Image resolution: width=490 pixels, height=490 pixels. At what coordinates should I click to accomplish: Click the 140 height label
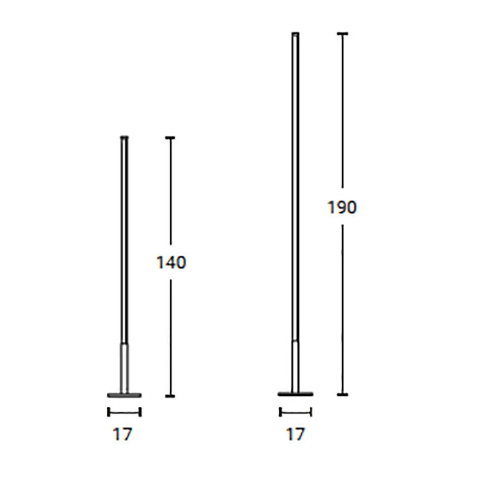pyautogui.click(x=171, y=262)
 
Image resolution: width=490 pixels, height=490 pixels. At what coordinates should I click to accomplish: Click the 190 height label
pyautogui.click(x=341, y=207)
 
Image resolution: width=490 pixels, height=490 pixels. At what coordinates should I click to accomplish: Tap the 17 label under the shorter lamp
pyautogui.click(x=122, y=434)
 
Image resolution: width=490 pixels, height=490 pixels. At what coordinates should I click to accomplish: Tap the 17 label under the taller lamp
pyautogui.click(x=295, y=434)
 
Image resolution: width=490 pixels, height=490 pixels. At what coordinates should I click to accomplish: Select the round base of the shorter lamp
pyautogui.click(x=124, y=395)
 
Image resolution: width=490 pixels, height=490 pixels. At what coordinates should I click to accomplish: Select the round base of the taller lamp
pyautogui.click(x=295, y=394)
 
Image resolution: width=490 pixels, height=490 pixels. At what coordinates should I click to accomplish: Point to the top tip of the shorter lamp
pyautogui.click(x=124, y=137)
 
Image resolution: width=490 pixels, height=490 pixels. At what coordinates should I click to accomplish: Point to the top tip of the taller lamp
pyautogui.click(x=295, y=33)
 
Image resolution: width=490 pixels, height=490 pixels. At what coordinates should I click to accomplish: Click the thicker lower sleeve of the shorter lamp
pyautogui.click(x=124, y=369)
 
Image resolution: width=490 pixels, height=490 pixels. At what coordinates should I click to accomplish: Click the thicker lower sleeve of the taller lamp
pyautogui.click(x=295, y=366)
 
